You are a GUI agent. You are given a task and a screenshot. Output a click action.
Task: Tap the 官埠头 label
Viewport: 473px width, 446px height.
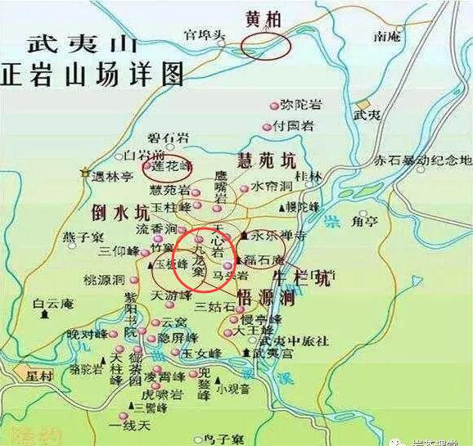[202, 34]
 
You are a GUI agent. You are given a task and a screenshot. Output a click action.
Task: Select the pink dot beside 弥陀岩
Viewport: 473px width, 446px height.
[274, 106]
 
